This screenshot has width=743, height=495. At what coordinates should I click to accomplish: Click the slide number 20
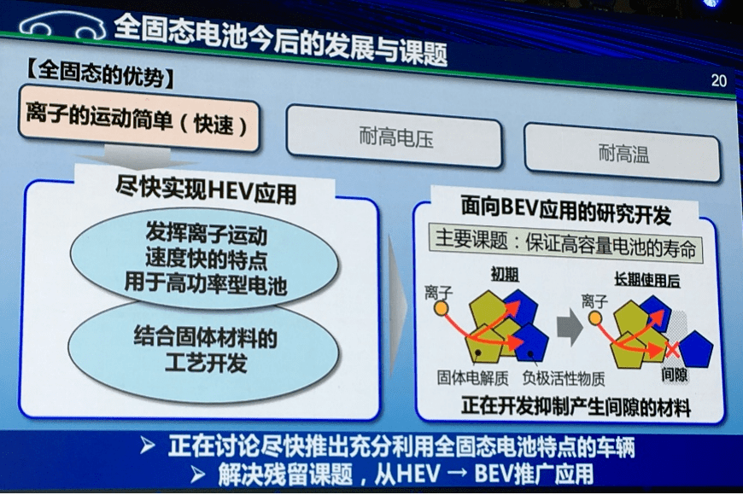[x=718, y=80]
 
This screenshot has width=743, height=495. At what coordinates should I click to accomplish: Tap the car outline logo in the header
[x=62, y=27]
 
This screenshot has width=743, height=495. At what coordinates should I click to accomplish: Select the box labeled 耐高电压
[x=395, y=137]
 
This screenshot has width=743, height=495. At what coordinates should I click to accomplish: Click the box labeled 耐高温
[x=623, y=153]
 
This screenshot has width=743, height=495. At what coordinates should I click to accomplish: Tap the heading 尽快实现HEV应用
[x=206, y=191]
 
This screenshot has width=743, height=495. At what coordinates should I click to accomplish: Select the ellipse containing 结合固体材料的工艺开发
[x=204, y=352]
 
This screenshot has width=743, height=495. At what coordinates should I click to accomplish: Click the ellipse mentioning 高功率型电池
[x=205, y=258]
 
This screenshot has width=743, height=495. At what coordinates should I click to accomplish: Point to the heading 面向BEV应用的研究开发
[x=565, y=210]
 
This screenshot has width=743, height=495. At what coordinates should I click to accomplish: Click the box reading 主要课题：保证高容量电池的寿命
[x=565, y=243]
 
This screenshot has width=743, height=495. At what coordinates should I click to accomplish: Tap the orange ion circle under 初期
[x=442, y=309]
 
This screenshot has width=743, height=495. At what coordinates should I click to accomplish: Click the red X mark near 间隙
[x=671, y=350]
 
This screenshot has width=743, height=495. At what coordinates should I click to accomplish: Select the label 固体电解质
[x=472, y=377]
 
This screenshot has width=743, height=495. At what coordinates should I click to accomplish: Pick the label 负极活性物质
[x=564, y=378]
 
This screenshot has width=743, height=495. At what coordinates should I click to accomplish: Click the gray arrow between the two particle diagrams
[x=570, y=328]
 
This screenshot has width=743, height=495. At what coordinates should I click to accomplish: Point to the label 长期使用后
[x=646, y=280]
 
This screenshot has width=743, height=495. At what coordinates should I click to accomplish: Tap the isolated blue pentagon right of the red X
[x=696, y=349]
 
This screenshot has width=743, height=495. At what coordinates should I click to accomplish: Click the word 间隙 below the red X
[x=675, y=375]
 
